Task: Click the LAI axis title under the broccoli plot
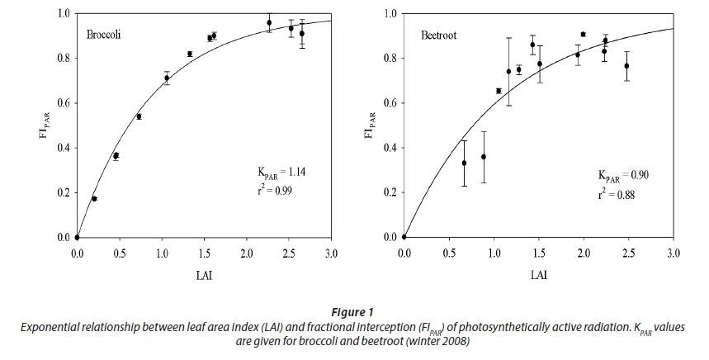tap(204, 272)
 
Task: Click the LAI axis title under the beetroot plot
tap(538, 272)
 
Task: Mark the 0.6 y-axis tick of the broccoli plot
tap(64, 103)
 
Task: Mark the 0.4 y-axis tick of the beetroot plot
tap(390, 149)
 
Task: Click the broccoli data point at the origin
tap(77, 238)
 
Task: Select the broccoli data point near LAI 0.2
tap(94, 199)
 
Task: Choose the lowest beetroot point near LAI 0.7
tap(464, 163)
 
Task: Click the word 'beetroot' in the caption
tap(451, 340)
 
